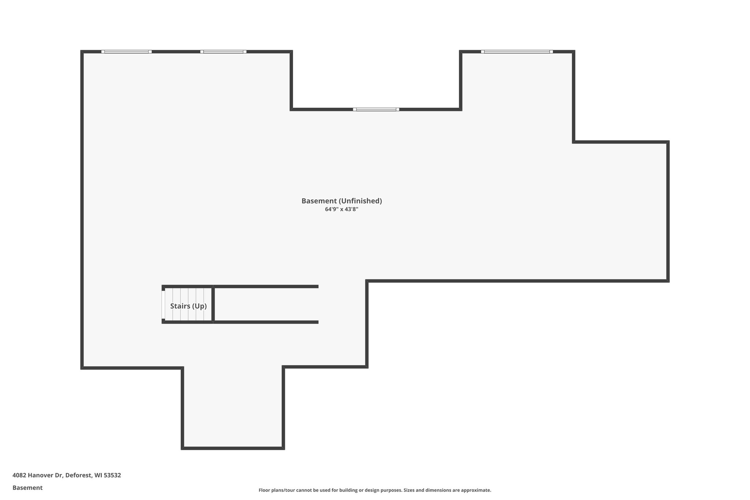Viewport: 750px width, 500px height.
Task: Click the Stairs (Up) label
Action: click(188, 306)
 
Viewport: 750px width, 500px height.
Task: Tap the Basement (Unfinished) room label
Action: click(341, 201)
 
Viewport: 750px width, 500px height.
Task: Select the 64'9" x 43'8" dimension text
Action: click(341, 210)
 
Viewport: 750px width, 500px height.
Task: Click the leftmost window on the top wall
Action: click(126, 52)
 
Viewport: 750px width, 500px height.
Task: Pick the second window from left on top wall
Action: click(223, 52)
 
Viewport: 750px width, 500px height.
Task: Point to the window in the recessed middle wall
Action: click(376, 109)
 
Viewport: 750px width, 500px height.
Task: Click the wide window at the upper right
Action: click(517, 52)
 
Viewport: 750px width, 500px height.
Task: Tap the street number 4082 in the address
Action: click(19, 475)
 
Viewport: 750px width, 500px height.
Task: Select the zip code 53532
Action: click(112, 475)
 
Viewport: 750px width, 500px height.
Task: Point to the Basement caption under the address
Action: click(27, 488)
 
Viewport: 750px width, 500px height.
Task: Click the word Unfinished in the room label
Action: click(360, 201)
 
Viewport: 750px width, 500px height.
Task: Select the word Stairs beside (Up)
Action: click(180, 306)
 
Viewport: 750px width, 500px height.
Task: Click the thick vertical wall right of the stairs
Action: click(213, 304)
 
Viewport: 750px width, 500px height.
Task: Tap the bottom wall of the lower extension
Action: click(233, 448)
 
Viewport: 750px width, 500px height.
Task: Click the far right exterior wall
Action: click(668, 211)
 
